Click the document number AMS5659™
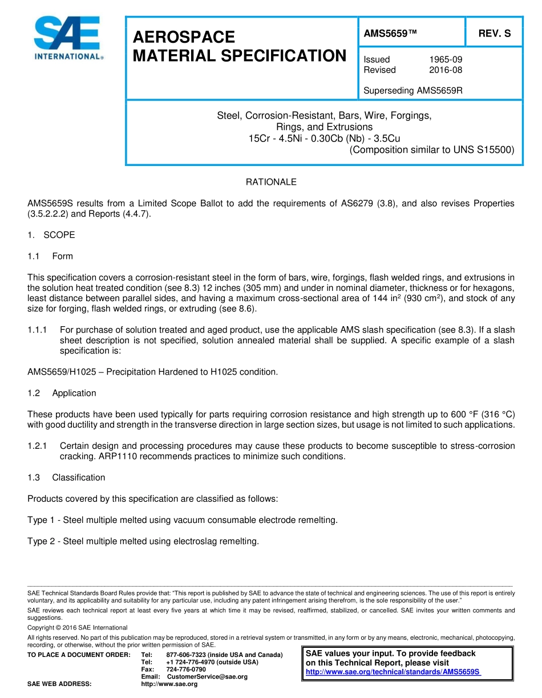(390, 34)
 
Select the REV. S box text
(494, 34)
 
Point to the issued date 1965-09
(445, 59)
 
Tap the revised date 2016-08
(445, 70)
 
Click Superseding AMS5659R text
(413, 90)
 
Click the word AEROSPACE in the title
(184, 37)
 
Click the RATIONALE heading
(271, 182)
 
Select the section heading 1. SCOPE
(51, 235)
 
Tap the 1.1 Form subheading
(50, 256)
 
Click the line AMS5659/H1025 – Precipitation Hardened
(152, 372)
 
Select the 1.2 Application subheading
(62, 393)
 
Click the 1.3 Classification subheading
(66, 477)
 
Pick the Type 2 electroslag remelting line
(143, 541)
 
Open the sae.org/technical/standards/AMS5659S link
(394, 672)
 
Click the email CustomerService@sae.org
(207, 676)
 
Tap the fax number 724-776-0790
(186, 669)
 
